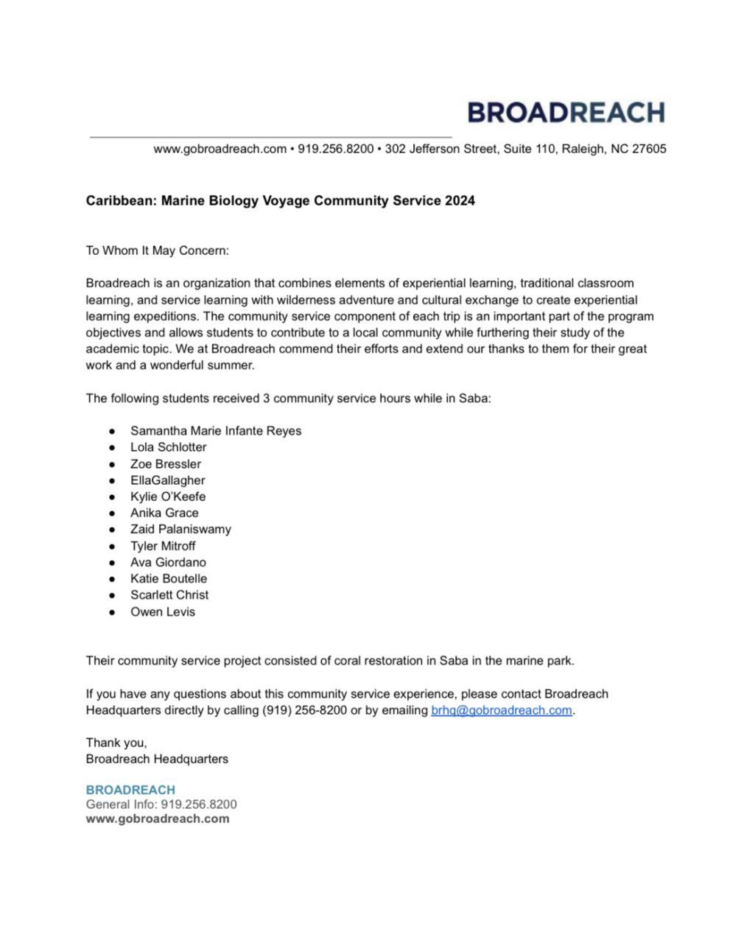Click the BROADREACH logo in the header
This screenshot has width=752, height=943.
pos(566,112)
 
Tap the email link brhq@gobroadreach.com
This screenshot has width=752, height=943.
pos(501,710)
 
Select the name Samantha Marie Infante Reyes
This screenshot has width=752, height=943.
pos(216,431)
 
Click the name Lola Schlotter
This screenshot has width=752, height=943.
pos(168,447)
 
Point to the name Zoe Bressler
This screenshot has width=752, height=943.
pos(165,464)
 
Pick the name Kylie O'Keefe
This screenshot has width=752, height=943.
pos(168,497)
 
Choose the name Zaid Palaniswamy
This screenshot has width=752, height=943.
pos(180,529)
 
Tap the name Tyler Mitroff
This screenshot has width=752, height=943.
pos(163,546)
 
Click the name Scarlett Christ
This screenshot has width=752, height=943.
pos(169,595)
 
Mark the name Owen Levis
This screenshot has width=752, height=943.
pos(163,611)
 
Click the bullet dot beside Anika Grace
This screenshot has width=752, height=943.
pos(113,513)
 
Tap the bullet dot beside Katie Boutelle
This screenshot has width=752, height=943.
pos(113,579)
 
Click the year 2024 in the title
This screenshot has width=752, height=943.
pos(460,200)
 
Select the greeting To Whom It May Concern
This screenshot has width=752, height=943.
pos(158,250)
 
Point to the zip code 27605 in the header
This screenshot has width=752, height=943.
pos(649,149)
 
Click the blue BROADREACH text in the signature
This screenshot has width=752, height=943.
pos(130,790)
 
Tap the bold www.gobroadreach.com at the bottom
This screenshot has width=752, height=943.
pos(158,818)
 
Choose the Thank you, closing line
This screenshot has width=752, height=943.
pos(116,743)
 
